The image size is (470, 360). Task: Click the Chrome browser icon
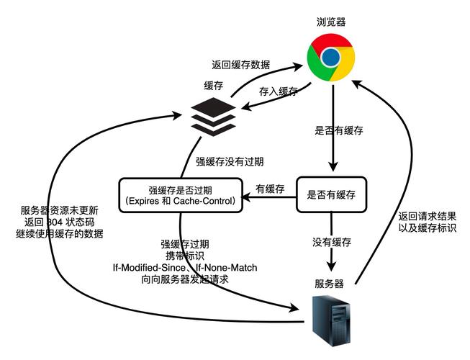click(x=330, y=57)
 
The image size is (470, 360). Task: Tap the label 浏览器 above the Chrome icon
click(x=331, y=22)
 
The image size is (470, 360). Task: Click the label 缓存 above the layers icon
click(x=214, y=86)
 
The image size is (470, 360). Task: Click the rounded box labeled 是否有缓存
click(x=331, y=194)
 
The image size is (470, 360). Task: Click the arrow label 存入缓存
click(x=277, y=91)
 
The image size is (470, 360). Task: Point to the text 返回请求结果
click(x=428, y=215)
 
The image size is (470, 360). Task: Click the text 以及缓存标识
click(x=428, y=228)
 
